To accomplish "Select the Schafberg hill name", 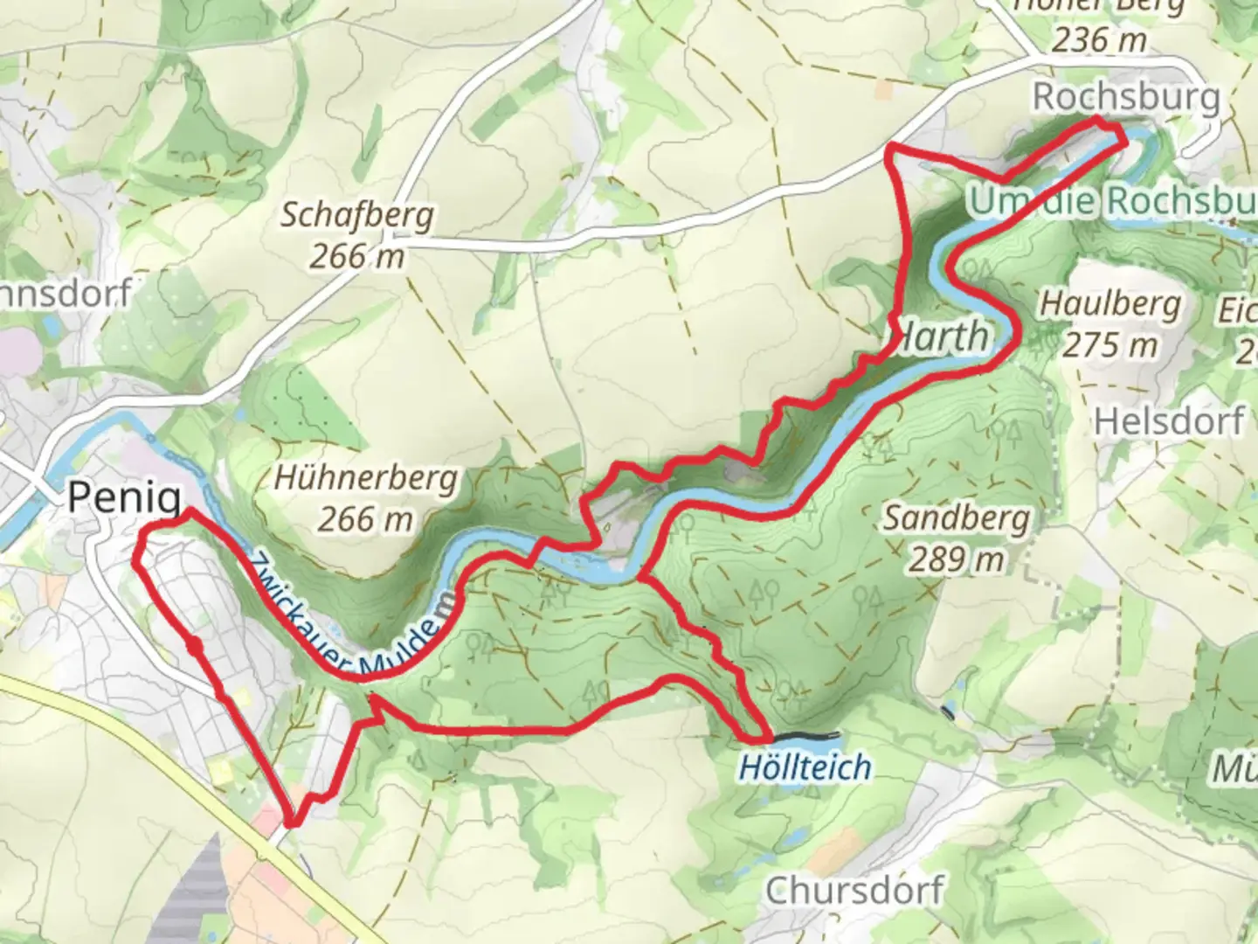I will [356, 215].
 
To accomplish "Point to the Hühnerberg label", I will [365, 478].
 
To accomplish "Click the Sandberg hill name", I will [956, 518].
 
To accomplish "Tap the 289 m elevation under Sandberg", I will [956, 559].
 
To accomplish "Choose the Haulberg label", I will [1109, 305].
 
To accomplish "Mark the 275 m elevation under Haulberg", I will [1109, 345].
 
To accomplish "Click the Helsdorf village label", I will [1169, 421].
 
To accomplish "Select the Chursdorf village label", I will [854, 891].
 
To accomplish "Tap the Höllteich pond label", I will [805, 767].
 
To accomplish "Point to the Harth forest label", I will [943, 337].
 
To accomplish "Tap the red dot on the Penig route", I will [194, 646].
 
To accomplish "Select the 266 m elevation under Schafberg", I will [356, 255].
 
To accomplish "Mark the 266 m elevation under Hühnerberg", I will [365, 519].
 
